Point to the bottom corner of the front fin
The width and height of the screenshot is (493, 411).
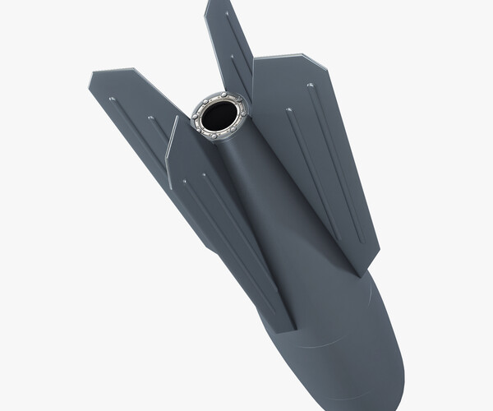[x=293, y=330]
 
